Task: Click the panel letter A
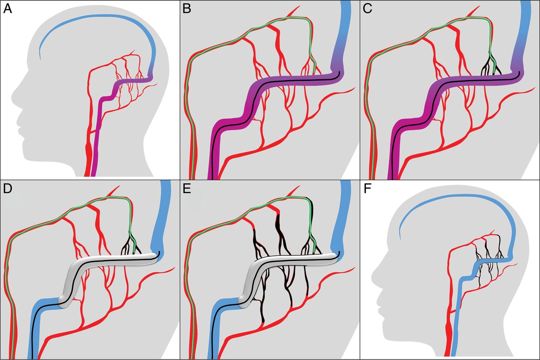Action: point(8,9)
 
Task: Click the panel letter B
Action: point(187,9)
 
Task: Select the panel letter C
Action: point(367,9)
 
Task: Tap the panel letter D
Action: point(8,189)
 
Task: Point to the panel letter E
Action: point(187,189)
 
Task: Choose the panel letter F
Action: point(367,189)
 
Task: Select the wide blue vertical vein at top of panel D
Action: point(162,217)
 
